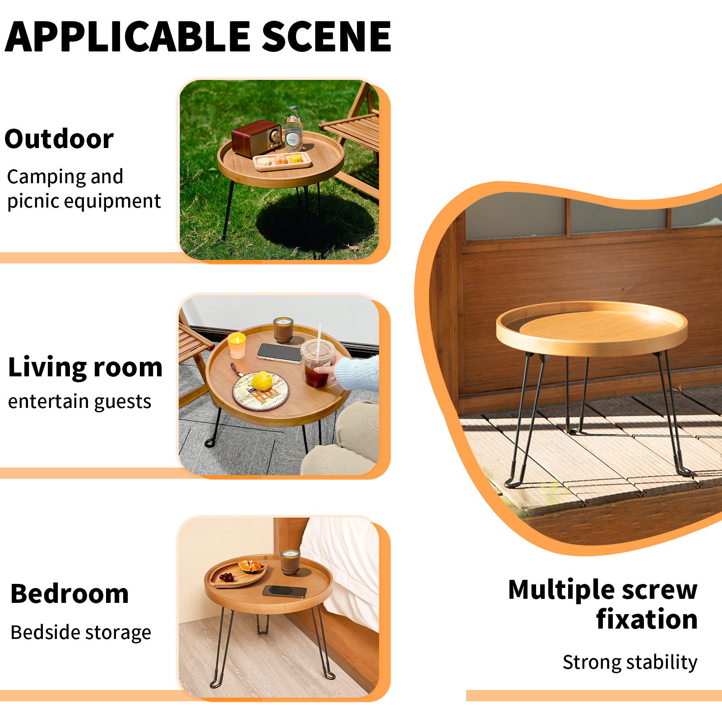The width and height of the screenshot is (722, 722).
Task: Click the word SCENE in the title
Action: tap(326, 37)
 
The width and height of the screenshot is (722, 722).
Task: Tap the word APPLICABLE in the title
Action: tap(128, 37)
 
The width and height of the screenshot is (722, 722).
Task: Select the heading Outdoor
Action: tap(59, 139)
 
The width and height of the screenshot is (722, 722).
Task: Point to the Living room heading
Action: tap(85, 367)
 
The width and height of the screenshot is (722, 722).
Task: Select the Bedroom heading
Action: tap(69, 594)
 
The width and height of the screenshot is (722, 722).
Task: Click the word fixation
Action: tap(647, 619)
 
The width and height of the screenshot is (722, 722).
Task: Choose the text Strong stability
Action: tap(630, 662)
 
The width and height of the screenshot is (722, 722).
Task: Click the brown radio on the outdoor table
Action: tap(256, 138)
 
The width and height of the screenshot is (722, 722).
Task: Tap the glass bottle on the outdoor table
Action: tap(293, 129)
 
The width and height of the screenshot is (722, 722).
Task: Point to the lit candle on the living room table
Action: tap(236, 346)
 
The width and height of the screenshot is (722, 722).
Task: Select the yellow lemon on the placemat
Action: tap(262, 380)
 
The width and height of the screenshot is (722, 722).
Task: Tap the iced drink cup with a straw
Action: tap(317, 363)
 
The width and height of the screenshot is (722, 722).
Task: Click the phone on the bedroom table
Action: tap(285, 592)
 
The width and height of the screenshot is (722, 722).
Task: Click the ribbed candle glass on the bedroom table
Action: tap(289, 562)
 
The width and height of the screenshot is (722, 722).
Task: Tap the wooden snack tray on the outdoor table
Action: tap(282, 161)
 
